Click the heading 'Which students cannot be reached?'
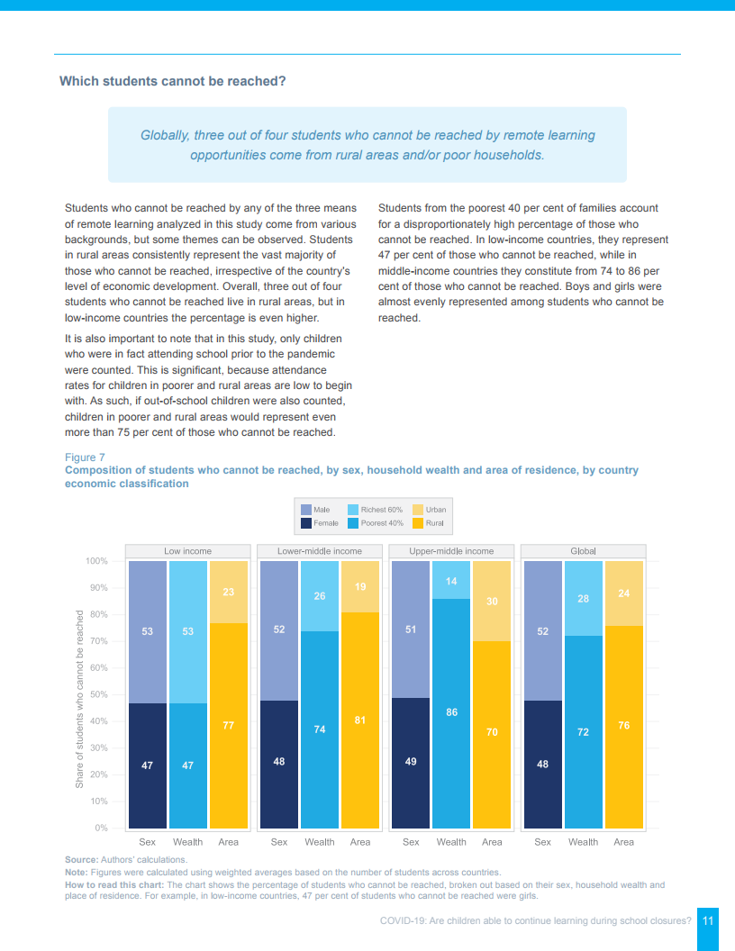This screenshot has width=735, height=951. click(172, 81)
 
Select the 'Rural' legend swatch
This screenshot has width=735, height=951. click(417, 523)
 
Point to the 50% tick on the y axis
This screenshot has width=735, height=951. click(96, 694)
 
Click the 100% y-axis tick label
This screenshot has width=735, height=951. click(95, 561)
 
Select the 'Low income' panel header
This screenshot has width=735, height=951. click(187, 550)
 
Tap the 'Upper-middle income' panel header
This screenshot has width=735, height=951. click(451, 550)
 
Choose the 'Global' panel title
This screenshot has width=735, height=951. click(583, 550)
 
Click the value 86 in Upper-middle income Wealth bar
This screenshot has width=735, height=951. click(451, 712)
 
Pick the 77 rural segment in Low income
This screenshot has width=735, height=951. click(229, 725)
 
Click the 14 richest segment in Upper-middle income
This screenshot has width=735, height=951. click(451, 582)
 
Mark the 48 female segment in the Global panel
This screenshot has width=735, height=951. click(542, 764)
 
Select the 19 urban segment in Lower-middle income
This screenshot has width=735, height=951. click(360, 585)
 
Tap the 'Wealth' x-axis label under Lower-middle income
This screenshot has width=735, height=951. click(320, 842)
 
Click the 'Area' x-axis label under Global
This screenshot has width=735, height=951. click(623, 842)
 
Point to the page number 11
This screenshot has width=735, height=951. click(708, 920)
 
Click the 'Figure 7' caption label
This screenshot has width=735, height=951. click(85, 457)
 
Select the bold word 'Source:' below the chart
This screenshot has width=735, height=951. click(81, 860)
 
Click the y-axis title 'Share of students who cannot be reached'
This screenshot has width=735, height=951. click(79, 700)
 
